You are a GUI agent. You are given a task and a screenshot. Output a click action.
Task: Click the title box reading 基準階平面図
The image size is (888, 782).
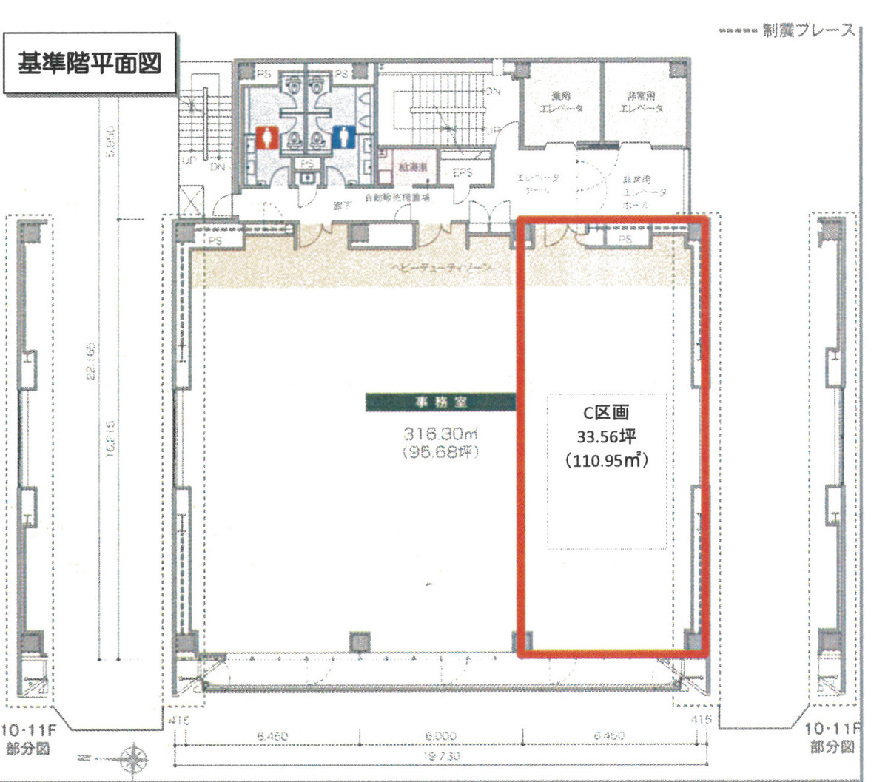(x=90, y=64)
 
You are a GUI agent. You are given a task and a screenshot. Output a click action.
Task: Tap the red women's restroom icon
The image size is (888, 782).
(x=268, y=138)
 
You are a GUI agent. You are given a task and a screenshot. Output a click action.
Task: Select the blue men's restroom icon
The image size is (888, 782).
(x=342, y=137)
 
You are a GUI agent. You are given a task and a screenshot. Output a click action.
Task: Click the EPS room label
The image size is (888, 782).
(x=462, y=172)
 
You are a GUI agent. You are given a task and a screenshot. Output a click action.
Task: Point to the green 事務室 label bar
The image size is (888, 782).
(x=440, y=402)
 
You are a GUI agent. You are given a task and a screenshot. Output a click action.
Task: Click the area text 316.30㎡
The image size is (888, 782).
(x=440, y=434)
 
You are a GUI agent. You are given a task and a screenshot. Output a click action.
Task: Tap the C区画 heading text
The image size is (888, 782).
(x=606, y=414)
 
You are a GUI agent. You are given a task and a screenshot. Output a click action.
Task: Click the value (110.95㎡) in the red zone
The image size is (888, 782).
(x=606, y=460)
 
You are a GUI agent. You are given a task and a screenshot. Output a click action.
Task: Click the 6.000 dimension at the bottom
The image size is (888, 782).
(x=441, y=735)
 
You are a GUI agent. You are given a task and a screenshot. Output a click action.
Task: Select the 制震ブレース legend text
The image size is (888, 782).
(x=808, y=31)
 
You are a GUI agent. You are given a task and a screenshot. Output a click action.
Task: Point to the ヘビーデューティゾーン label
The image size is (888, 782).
(x=441, y=268)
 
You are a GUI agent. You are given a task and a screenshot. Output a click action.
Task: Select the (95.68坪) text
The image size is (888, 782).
(x=440, y=451)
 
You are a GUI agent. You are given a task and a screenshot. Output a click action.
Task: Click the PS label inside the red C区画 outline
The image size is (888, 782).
(x=625, y=239)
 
